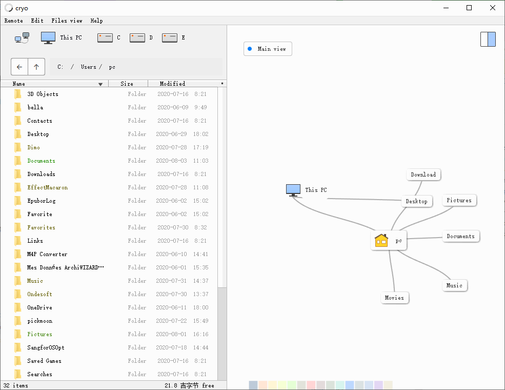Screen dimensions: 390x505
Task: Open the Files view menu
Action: pyautogui.click(x=67, y=21)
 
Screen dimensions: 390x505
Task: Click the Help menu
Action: pyautogui.click(x=96, y=21)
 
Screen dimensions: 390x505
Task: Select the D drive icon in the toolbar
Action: pyautogui.click(x=137, y=37)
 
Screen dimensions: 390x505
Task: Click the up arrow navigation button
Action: pyautogui.click(x=36, y=67)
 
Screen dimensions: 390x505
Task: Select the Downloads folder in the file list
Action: pyautogui.click(x=41, y=174)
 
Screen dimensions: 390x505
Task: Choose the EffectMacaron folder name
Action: pyautogui.click(x=47, y=187)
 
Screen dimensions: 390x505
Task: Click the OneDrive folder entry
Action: pyautogui.click(x=39, y=307)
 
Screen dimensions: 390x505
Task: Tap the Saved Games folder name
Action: pyautogui.click(x=44, y=361)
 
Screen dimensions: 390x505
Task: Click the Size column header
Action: pyautogui.click(x=127, y=84)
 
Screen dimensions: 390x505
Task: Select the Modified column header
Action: pyautogui.click(x=172, y=84)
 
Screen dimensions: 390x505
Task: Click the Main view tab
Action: pyautogui.click(x=268, y=49)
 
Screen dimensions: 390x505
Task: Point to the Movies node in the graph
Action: pyautogui.click(x=394, y=298)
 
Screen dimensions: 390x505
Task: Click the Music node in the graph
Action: pyautogui.click(x=454, y=285)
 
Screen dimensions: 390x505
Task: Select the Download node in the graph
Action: pyautogui.click(x=423, y=174)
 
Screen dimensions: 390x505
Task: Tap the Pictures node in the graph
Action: pyautogui.click(x=459, y=200)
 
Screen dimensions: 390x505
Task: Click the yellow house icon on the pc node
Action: pyautogui.click(x=381, y=240)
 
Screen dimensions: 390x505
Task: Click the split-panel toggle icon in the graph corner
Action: pyautogui.click(x=488, y=39)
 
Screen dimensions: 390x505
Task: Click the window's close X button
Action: pyautogui.click(x=493, y=8)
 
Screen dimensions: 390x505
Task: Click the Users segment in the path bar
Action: pyautogui.click(x=89, y=67)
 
